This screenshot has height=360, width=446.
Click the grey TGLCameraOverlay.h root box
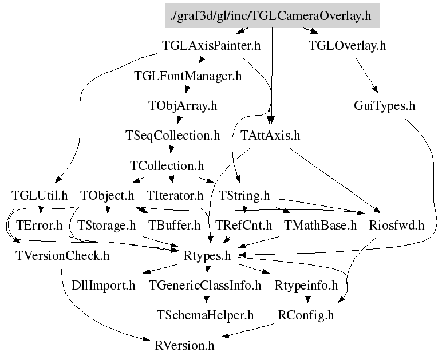point(272,15)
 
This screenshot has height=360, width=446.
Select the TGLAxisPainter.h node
point(211,45)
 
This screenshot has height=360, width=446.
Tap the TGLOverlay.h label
point(348,45)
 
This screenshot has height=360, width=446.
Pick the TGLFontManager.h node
point(188,76)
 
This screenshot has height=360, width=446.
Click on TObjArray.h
point(183,106)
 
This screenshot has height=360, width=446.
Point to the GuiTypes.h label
point(385,106)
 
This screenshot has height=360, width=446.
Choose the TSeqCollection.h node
point(173,135)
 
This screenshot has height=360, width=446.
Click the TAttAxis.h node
point(270,135)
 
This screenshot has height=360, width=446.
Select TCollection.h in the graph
point(167,166)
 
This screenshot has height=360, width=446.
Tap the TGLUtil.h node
point(40,196)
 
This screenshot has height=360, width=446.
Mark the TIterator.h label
point(175,196)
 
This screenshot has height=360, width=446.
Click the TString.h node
point(244,196)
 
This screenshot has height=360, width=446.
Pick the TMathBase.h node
point(320,226)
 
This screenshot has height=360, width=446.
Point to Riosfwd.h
point(397,226)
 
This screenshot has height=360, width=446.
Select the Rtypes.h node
point(207,256)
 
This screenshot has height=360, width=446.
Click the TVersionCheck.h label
point(62,256)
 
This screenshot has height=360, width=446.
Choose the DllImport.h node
point(103,286)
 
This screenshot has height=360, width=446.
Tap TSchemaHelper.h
point(205,315)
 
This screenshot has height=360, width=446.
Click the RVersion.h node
point(184,346)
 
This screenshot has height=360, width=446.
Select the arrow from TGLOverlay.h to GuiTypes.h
point(366,76)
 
